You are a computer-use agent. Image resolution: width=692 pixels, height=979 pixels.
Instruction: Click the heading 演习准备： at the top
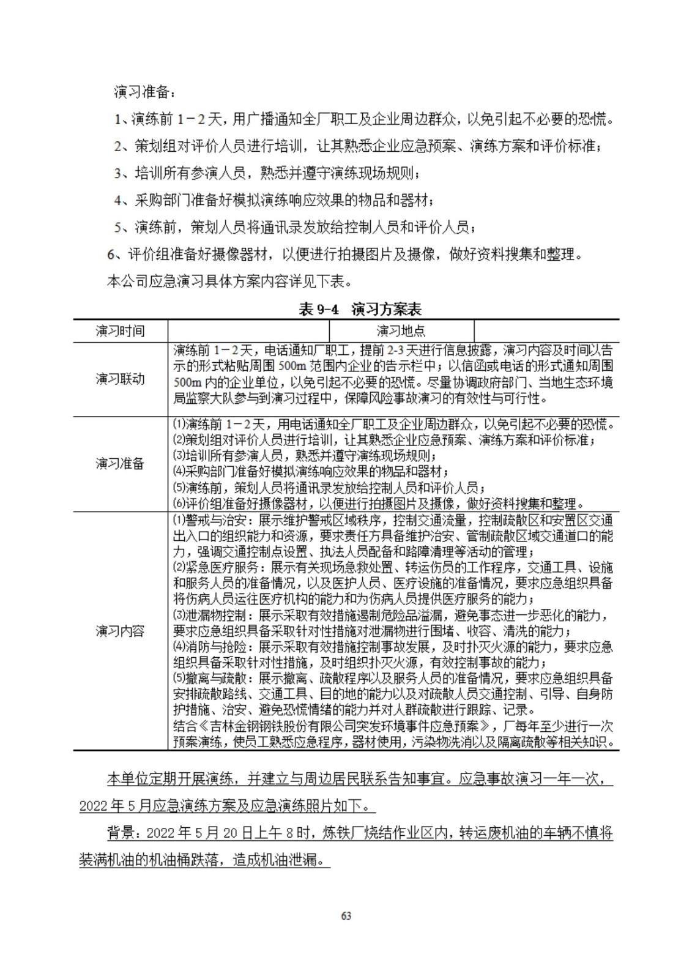144,92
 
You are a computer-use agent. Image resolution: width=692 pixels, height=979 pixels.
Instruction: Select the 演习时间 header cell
120,331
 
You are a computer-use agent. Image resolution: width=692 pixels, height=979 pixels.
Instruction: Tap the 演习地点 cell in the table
401,331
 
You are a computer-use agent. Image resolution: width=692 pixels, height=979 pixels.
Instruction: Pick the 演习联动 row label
120,379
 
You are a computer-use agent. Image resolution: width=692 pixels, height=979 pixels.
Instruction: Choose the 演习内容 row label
120,631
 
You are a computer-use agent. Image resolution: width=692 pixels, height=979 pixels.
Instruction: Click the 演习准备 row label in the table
120,463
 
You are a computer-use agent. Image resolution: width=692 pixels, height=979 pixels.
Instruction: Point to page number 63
346,916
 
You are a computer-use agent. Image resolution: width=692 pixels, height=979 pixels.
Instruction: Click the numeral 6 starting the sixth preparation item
111,255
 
